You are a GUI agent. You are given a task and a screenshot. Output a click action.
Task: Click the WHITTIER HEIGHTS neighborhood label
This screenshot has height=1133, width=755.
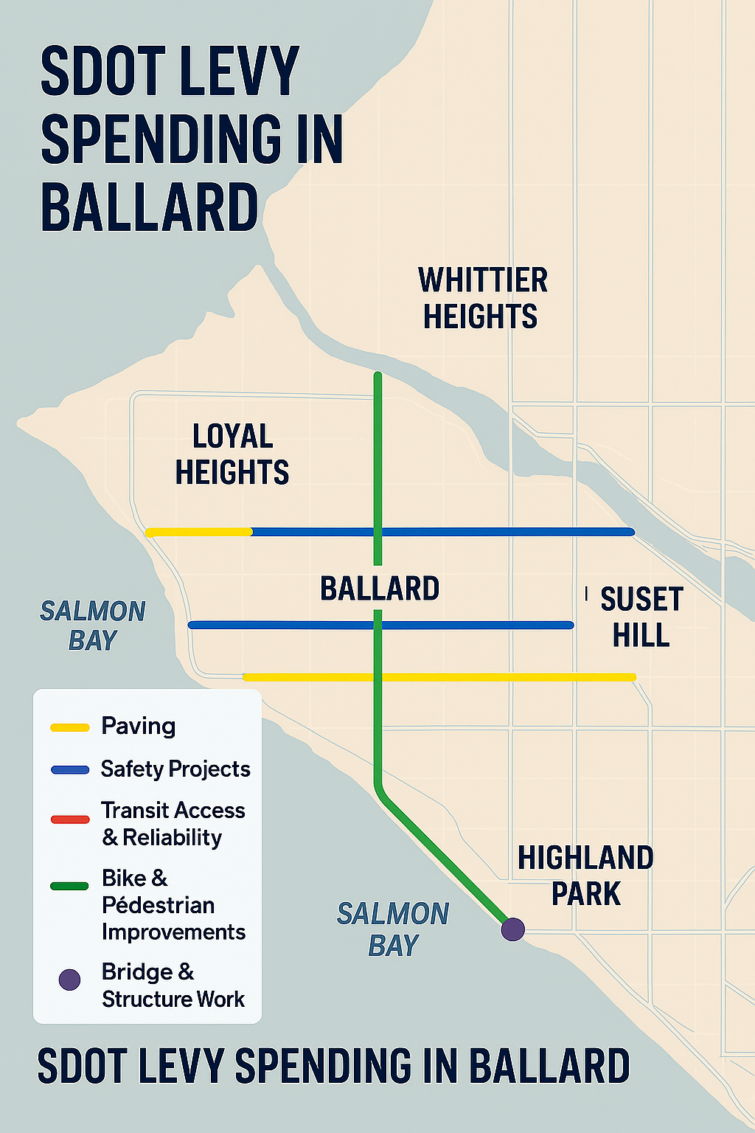(x=483, y=299)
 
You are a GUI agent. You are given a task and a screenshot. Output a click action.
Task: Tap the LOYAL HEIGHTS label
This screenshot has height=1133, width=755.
(x=232, y=454)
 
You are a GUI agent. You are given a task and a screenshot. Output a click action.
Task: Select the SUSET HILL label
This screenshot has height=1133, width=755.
(x=641, y=617)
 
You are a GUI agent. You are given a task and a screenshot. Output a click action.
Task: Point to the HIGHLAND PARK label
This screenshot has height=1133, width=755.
(x=585, y=876)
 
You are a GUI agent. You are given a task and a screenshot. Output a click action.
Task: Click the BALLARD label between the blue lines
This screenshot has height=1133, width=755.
(x=380, y=589)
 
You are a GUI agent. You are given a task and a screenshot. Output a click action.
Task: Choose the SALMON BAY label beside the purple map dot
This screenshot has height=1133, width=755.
(x=393, y=929)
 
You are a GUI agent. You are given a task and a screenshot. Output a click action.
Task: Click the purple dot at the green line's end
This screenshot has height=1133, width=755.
(x=512, y=929)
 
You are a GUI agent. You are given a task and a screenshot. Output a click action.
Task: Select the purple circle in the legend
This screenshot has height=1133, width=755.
(x=69, y=980)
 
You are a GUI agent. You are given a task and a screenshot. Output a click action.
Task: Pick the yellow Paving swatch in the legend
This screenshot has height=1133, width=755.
(x=70, y=727)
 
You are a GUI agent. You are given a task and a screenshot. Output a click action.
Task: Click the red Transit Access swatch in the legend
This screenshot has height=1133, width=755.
(x=70, y=819)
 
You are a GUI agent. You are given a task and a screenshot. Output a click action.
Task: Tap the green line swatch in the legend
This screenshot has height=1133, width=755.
(x=70, y=886)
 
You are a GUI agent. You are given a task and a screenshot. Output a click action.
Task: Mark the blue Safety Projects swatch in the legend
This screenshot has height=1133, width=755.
(x=70, y=770)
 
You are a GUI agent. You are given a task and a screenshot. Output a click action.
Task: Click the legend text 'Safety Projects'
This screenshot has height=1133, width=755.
(x=175, y=769)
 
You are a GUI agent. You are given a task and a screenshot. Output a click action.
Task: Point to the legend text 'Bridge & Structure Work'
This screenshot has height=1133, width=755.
(x=173, y=985)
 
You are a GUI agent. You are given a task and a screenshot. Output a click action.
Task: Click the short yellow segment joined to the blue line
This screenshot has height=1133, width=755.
(x=199, y=532)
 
